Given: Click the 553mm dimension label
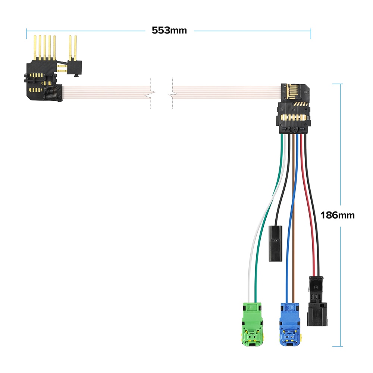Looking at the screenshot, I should tap(169, 30).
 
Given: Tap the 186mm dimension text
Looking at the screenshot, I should tap(338, 215).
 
